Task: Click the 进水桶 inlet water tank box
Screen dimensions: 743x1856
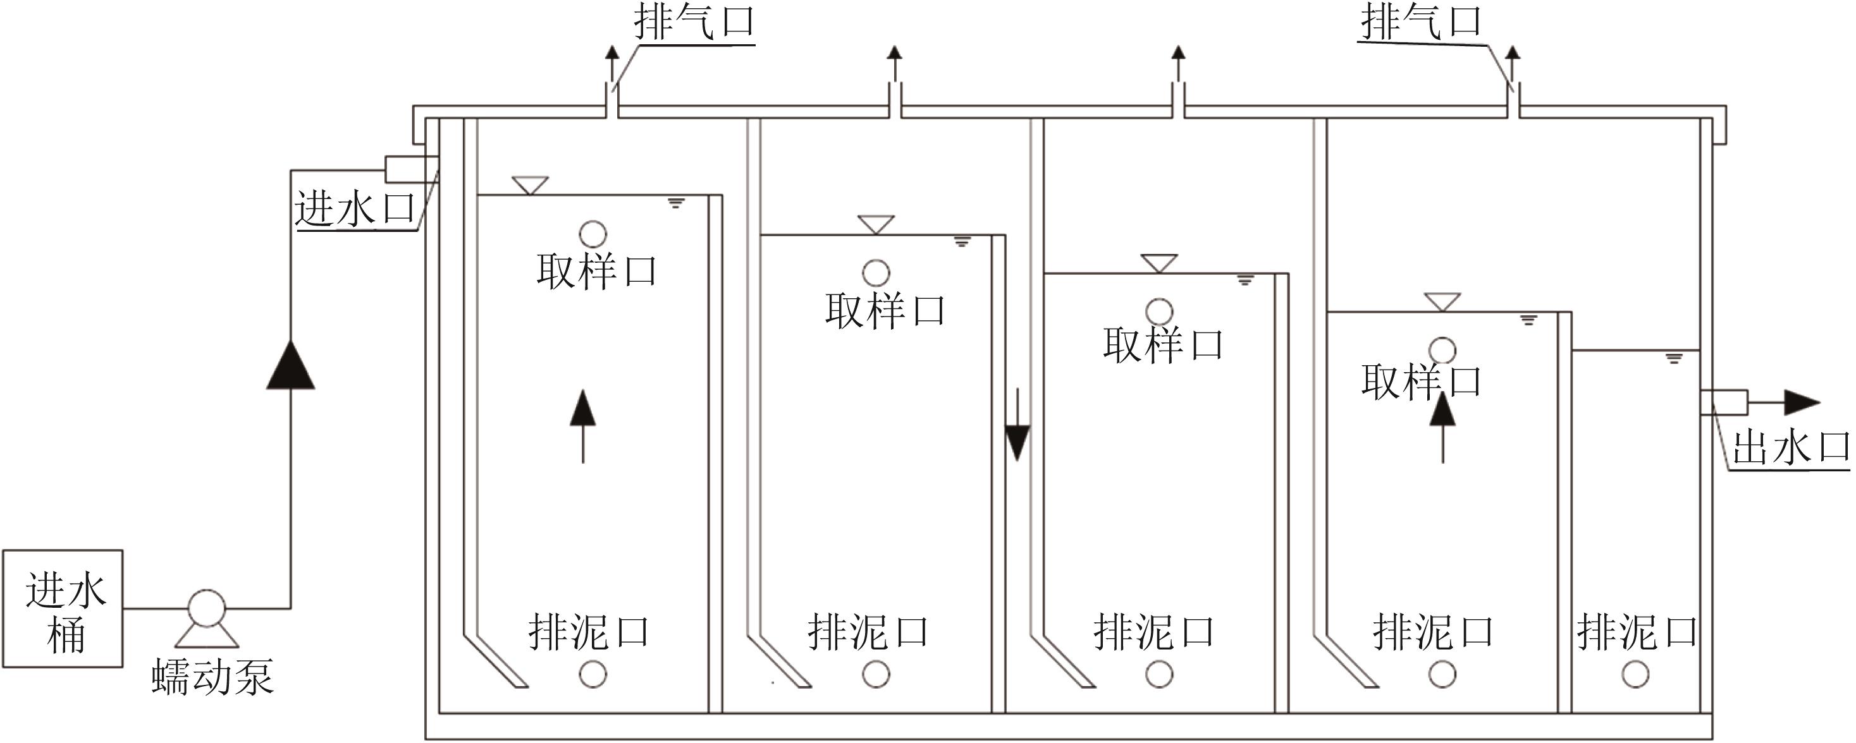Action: (63, 608)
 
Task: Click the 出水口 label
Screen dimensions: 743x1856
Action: (1790, 448)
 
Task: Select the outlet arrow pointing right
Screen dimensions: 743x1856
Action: (1801, 402)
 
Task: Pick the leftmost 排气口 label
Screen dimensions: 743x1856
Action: (694, 22)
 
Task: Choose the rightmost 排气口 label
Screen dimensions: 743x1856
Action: (1420, 22)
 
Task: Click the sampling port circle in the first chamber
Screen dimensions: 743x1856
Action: (593, 234)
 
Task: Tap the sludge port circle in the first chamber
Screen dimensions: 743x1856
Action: (593, 675)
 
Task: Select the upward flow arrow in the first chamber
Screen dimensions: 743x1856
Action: (583, 425)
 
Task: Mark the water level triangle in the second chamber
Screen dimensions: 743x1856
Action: (876, 224)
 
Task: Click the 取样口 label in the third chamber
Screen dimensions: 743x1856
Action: (1162, 345)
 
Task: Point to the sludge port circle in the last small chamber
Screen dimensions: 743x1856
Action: (1635, 675)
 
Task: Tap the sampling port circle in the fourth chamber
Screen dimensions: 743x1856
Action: (1442, 351)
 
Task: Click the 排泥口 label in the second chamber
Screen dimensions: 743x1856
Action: (868, 632)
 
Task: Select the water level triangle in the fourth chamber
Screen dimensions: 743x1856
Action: (1442, 301)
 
